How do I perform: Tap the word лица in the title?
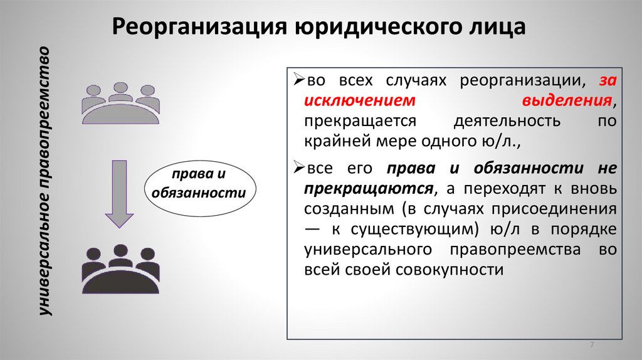pos(499,28)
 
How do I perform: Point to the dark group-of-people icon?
pos(119,267)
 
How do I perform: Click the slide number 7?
pos(592,347)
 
